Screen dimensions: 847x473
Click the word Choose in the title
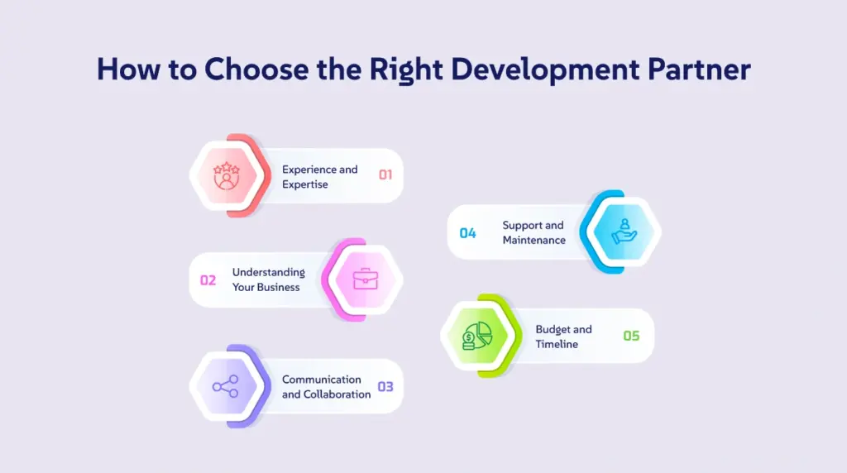(x=256, y=69)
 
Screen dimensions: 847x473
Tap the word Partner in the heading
(x=699, y=69)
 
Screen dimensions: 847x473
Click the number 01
(x=385, y=175)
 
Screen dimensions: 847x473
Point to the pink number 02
(x=208, y=280)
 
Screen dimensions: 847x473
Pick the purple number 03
(x=385, y=387)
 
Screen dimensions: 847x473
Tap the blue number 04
(x=468, y=233)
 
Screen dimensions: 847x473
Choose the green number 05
(x=631, y=336)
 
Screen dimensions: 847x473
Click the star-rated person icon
(x=227, y=175)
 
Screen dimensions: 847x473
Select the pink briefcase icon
(x=365, y=279)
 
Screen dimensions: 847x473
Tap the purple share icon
(x=225, y=387)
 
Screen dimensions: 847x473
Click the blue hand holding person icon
(x=624, y=232)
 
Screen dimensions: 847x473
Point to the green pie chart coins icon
(x=477, y=336)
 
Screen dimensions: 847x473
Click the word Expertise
(x=304, y=184)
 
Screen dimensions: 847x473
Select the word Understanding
(x=269, y=273)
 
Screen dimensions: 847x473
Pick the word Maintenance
(x=534, y=241)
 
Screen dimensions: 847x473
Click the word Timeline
(x=557, y=345)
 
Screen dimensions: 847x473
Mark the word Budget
(x=553, y=330)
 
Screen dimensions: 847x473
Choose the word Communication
(x=322, y=380)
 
